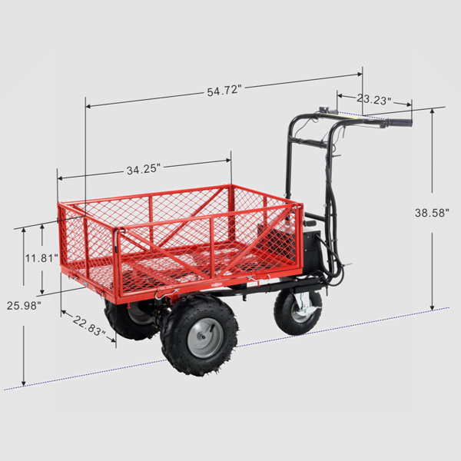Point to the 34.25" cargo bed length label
[144, 169]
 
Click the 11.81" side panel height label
[41, 258]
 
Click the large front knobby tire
[199, 335]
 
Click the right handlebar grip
[399, 121]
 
